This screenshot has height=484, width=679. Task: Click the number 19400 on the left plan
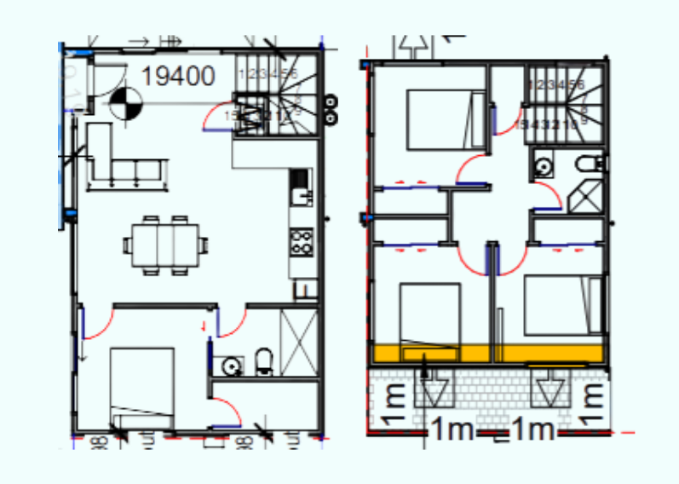click(x=178, y=77)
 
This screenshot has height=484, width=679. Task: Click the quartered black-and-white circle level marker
click(x=125, y=103)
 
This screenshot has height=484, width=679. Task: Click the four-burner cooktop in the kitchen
click(x=301, y=243)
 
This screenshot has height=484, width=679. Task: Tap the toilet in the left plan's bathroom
click(x=264, y=362)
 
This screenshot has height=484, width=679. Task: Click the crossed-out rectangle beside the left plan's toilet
click(x=298, y=338)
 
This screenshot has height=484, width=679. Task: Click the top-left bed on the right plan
click(x=437, y=120)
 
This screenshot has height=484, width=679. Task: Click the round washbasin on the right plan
click(x=542, y=167)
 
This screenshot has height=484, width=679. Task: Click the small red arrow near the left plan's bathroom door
click(x=204, y=325)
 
